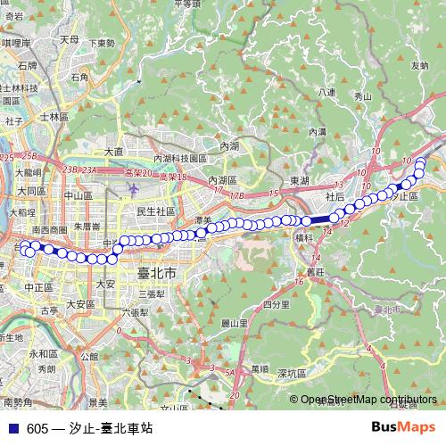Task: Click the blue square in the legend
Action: [x=12, y=428]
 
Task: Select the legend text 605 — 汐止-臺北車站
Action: [x=89, y=428]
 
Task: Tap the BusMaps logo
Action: [x=404, y=427]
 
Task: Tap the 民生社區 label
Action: [x=154, y=211]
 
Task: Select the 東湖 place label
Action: [x=300, y=181]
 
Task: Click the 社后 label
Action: [x=335, y=196]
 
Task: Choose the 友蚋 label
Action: [x=419, y=65]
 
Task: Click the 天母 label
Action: [x=70, y=40]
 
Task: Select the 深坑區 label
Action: [x=293, y=372]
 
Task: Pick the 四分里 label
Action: [x=276, y=305]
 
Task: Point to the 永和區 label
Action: [x=42, y=353]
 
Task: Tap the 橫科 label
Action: [x=302, y=238]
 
